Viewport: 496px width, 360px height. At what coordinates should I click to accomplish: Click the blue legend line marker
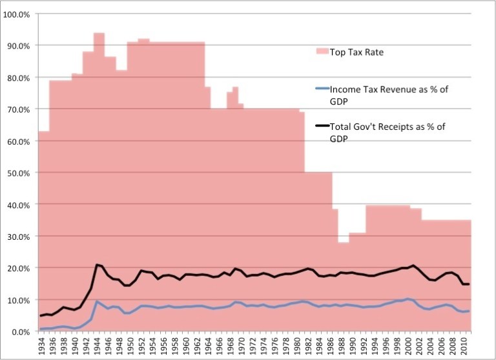(x=318, y=90)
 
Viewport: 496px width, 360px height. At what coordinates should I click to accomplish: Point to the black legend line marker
(x=318, y=128)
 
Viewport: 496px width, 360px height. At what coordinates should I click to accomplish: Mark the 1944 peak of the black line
(x=97, y=264)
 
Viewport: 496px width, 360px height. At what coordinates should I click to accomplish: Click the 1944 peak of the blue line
(x=97, y=301)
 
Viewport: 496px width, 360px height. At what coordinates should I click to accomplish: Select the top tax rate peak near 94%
(x=99, y=33)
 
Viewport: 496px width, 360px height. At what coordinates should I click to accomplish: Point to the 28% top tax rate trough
(x=344, y=242)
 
